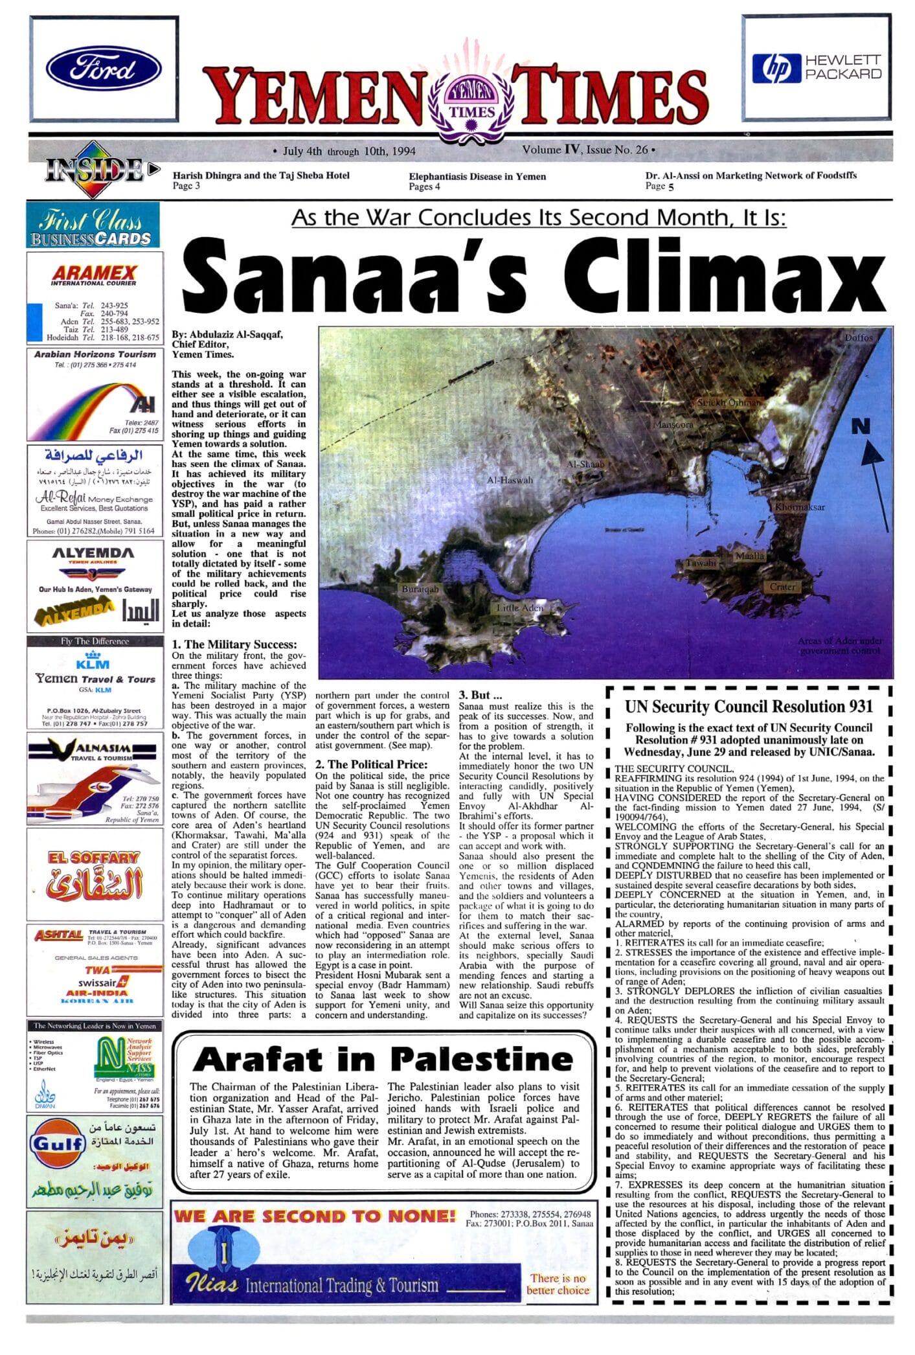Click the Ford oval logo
(x=104, y=69)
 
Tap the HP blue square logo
(x=776, y=68)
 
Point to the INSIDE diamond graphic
(x=96, y=170)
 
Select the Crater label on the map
(x=782, y=586)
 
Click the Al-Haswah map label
(x=510, y=480)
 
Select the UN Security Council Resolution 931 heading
(x=749, y=707)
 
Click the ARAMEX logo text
(x=94, y=273)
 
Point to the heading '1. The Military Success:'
(x=234, y=644)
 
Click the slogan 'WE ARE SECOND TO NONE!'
(x=314, y=1216)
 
